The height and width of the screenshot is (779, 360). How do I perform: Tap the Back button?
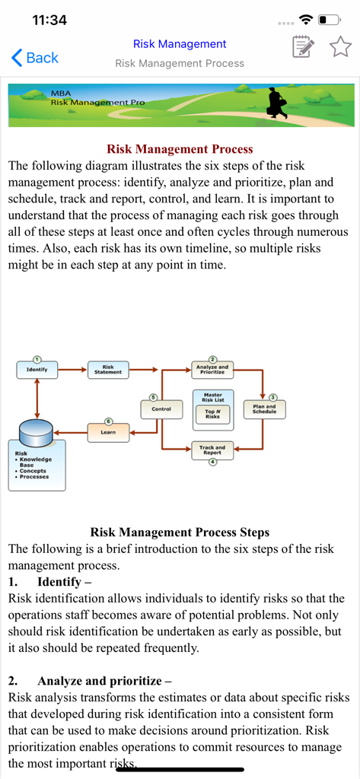pyautogui.click(x=35, y=57)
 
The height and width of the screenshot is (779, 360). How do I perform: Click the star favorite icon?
pyautogui.click(x=340, y=47)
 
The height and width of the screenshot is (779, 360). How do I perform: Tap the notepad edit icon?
pyautogui.click(x=303, y=47)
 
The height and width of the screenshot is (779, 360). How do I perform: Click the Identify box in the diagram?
pyautogui.click(x=37, y=370)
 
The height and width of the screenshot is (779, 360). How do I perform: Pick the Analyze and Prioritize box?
pyautogui.click(x=212, y=370)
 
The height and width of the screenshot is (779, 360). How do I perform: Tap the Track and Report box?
pyautogui.click(x=212, y=450)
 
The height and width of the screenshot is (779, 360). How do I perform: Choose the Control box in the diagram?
pyautogui.click(x=161, y=409)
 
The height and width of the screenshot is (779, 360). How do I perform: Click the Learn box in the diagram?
pyautogui.click(x=108, y=432)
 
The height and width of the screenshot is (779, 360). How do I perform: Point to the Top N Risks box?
pyautogui.click(x=212, y=415)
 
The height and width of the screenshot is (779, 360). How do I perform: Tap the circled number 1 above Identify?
pyautogui.click(x=37, y=359)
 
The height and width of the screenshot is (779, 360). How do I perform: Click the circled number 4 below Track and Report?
pyautogui.click(x=213, y=461)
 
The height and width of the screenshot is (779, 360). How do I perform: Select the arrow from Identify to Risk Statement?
pyautogui.click(x=72, y=370)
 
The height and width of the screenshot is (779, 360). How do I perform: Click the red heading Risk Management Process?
pyautogui.click(x=180, y=149)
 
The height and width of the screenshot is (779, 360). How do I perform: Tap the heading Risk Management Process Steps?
pyautogui.click(x=180, y=533)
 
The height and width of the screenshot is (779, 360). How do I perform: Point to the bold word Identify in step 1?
pyautogui.click(x=59, y=582)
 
